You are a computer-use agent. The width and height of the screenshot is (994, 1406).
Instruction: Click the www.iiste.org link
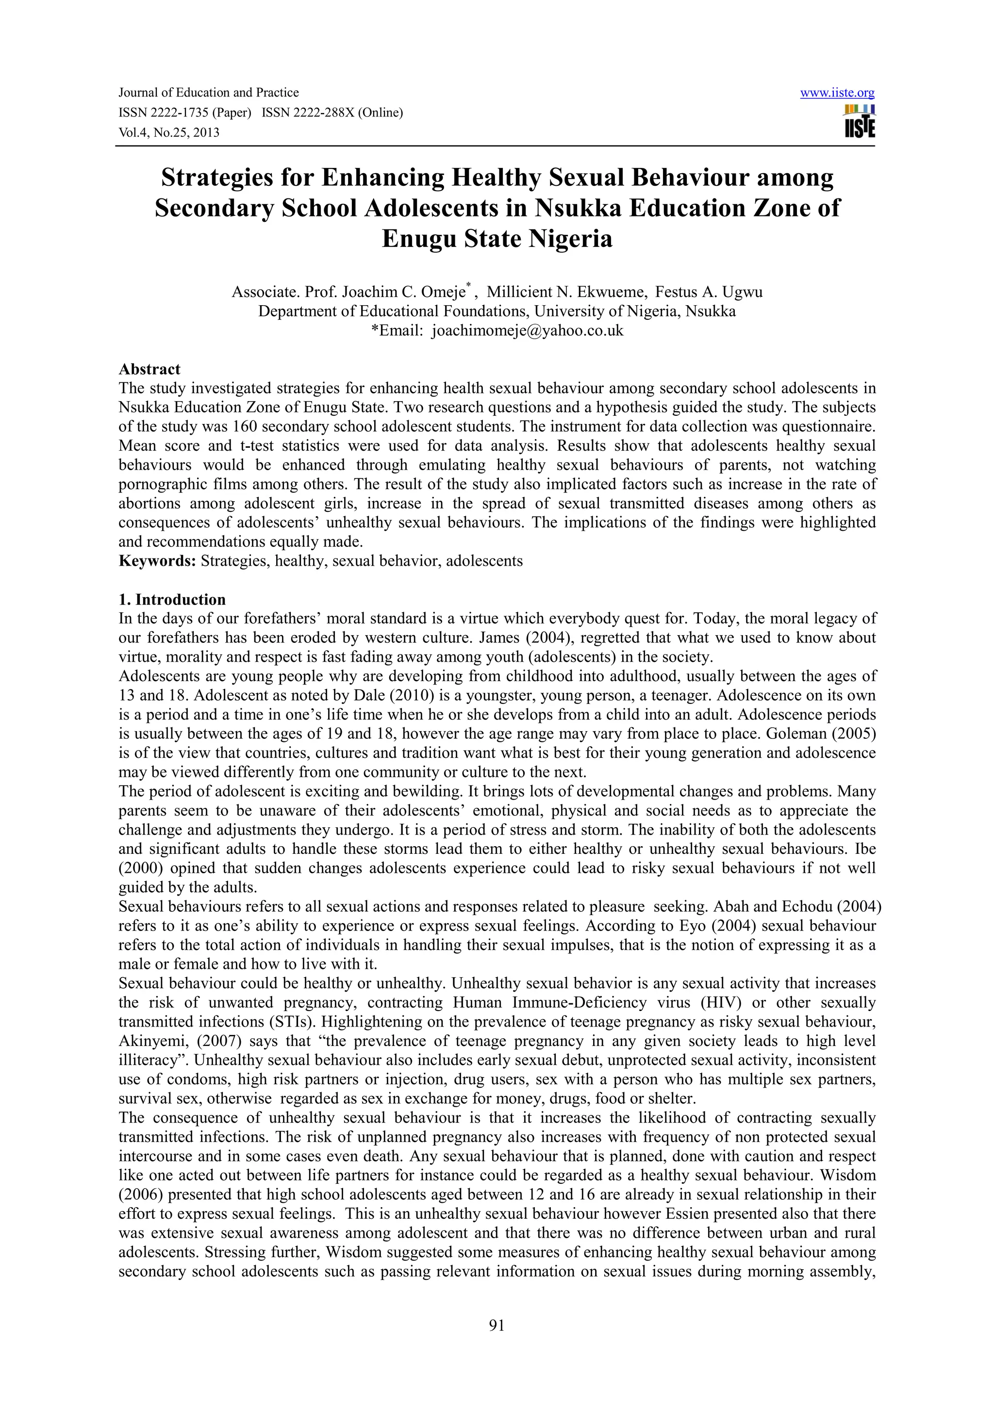(837, 93)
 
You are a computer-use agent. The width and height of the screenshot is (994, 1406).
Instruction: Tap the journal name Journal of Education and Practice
(208, 93)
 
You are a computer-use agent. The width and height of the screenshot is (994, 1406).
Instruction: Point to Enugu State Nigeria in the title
(497, 238)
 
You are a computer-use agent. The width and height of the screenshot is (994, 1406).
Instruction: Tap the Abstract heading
(149, 369)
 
